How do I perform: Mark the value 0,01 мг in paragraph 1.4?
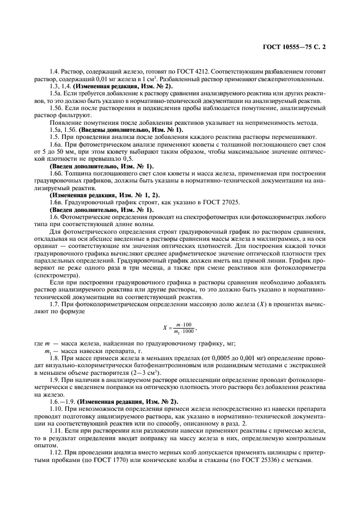[91, 80]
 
